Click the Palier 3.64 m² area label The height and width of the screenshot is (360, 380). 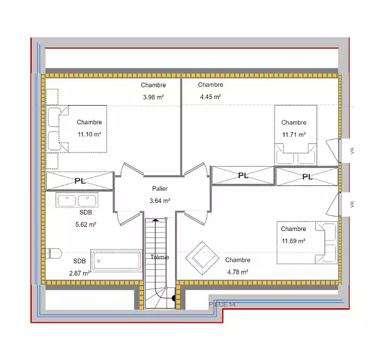click(160, 194)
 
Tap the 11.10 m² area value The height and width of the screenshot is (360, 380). click(89, 134)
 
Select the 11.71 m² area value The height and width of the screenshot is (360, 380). click(294, 134)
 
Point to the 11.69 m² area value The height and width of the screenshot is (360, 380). click(294, 241)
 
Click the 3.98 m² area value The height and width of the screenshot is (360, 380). click(153, 97)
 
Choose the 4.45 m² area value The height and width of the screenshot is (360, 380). click(210, 97)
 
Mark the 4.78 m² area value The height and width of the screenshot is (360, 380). click(238, 272)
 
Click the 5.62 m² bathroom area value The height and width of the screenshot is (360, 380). click(86, 224)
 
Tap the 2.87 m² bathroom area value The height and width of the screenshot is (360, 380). click(80, 273)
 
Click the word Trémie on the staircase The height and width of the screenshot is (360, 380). click(159, 257)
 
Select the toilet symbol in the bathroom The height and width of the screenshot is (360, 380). click(54, 254)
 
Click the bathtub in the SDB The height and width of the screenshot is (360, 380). click(116, 260)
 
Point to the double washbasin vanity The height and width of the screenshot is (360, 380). click(77, 200)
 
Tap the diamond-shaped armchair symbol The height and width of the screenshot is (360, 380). click(202, 258)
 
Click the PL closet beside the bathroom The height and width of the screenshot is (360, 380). click(80, 181)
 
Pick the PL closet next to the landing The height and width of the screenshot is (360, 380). click(243, 175)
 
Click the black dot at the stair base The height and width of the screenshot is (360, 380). click(174, 298)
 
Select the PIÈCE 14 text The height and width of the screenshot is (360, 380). click(222, 304)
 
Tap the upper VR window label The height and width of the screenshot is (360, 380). click(352, 151)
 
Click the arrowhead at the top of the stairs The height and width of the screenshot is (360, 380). click(155, 220)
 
